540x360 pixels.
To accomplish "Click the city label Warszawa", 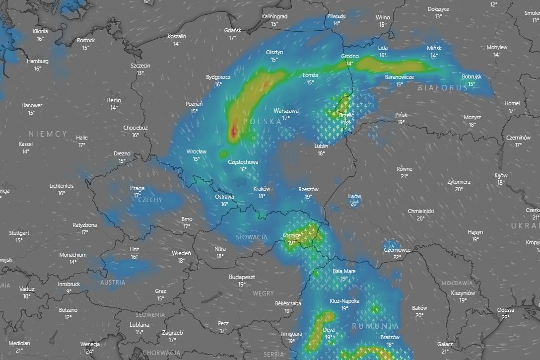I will pos(286,111).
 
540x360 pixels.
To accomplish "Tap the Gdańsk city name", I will pos(233,30).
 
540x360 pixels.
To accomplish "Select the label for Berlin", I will pos(114,100).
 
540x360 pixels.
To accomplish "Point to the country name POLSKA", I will pos(263,121).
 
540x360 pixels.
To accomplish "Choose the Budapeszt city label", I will pos(242,277).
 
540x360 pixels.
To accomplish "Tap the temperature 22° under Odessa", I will pos(506,317).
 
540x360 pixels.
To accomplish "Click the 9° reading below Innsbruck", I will pos(68,291).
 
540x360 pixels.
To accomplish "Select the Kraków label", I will pos(262,189).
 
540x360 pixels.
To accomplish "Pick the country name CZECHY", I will pos(150,200).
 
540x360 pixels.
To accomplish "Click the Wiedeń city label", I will pos(181,253).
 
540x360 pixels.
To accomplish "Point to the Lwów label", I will pos(354,196).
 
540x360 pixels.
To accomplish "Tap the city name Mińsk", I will pos(434,48).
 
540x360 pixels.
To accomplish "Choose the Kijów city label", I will pos(501,175).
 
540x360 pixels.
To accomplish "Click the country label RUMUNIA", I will pos(375,326).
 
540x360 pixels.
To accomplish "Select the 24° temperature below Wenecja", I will pos(90,351).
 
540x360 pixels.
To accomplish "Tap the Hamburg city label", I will pos(38,61).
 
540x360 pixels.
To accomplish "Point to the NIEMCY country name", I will pos(48,134).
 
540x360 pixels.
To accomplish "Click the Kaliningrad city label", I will pos(274,16).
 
